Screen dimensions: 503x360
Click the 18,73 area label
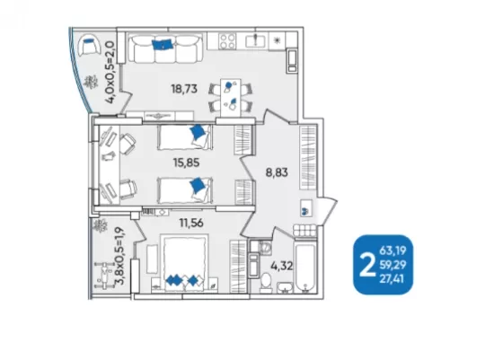click(x=184, y=89)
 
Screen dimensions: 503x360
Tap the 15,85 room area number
click(x=187, y=162)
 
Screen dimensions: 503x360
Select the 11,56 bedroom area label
click(x=191, y=222)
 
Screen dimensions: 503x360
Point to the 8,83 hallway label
click(x=277, y=172)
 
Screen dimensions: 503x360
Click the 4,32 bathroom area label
click(x=282, y=266)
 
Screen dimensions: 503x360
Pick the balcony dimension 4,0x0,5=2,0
click(x=110, y=72)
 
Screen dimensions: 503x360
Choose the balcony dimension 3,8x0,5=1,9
click(x=121, y=256)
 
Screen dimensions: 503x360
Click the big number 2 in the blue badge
click(x=367, y=265)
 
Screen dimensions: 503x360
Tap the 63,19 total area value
click(x=393, y=250)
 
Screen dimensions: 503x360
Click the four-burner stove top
click(x=227, y=41)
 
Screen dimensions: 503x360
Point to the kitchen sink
click(x=255, y=40)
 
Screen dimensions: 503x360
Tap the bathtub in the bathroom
click(x=305, y=268)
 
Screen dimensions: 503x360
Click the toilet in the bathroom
click(x=266, y=283)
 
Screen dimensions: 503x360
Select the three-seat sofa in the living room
click(x=165, y=48)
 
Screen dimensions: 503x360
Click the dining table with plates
click(x=231, y=98)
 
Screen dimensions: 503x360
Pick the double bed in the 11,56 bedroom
click(x=185, y=263)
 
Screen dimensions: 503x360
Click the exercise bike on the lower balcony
click(x=104, y=275)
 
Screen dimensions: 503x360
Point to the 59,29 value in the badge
click(x=393, y=265)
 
